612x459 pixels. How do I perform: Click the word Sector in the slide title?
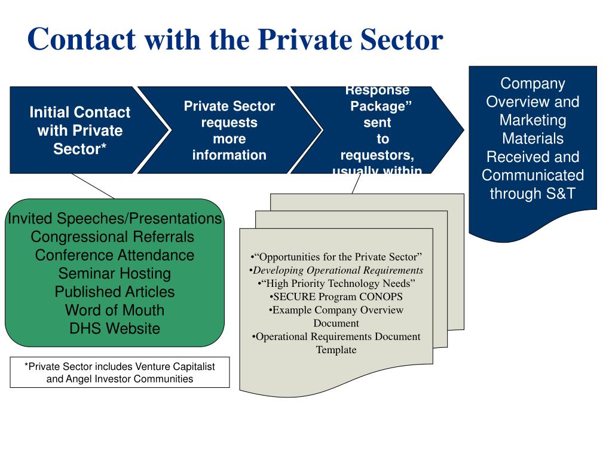(x=399, y=40)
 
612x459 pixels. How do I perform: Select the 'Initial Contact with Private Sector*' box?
(x=79, y=130)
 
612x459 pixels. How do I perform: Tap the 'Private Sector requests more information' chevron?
(x=229, y=130)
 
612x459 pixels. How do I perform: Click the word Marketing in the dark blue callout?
(x=533, y=120)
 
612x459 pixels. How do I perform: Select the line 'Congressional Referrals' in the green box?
(x=112, y=237)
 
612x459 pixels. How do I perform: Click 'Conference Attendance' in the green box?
(x=115, y=255)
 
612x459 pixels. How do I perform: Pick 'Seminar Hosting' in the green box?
(x=115, y=274)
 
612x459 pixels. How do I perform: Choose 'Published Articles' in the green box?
(x=115, y=292)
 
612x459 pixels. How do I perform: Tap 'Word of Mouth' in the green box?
(x=115, y=310)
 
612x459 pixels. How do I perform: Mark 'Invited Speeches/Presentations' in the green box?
(x=115, y=219)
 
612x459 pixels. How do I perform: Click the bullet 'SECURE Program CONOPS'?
(x=336, y=296)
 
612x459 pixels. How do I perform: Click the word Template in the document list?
(x=336, y=350)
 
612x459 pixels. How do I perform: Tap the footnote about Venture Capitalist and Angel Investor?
(x=120, y=372)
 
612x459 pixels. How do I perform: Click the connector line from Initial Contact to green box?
(x=93, y=186)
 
